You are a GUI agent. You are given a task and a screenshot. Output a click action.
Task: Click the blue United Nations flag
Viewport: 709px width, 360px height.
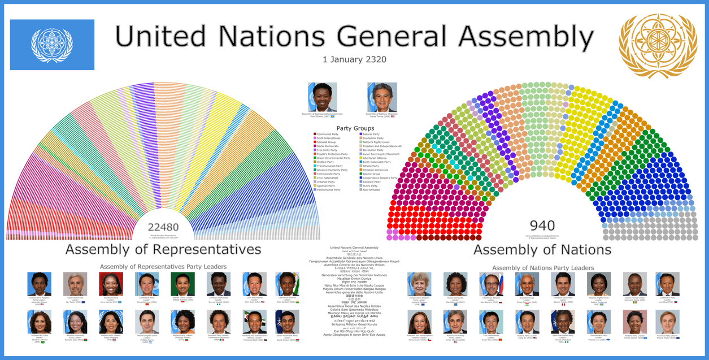pyautogui.click(x=52, y=45)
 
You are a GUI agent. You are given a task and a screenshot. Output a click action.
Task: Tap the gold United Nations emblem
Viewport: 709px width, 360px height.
pyautogui.click(x=658, y=46)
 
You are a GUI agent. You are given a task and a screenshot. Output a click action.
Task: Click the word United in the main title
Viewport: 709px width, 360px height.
pyautogui.click(x=160, y=37)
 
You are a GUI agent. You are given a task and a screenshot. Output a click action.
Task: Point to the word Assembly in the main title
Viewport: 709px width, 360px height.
pyautogui.click(x=526, y=37)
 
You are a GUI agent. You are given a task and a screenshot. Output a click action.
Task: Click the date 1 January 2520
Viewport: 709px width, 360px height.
pyautogui.click(x=354, y=59)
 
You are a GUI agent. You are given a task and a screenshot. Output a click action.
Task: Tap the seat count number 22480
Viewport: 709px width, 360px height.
pyautogui.click(x=163, y=227)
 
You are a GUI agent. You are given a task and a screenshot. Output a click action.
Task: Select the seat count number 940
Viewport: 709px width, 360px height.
pyautogui.click(x=542, y=226)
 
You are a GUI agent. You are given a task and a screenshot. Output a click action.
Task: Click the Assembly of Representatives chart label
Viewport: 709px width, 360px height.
pyautogui.click(x=163, y=249)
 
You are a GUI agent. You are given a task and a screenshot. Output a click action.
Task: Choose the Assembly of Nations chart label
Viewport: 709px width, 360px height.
pyautogui.click(x=542, y=249)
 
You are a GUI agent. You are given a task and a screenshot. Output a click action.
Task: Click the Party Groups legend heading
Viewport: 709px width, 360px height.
pyautogui.click(x=354, y=128)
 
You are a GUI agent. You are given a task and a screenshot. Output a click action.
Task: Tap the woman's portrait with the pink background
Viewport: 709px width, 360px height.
pyautogui.click(x=634, y=321)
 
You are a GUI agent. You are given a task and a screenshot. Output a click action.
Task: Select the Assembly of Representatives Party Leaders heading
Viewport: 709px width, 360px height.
pyautogui.click(x=163, y=266)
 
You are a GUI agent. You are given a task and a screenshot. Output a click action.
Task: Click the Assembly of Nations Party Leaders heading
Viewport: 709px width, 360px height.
pyautogui.click(x=542, y=266)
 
